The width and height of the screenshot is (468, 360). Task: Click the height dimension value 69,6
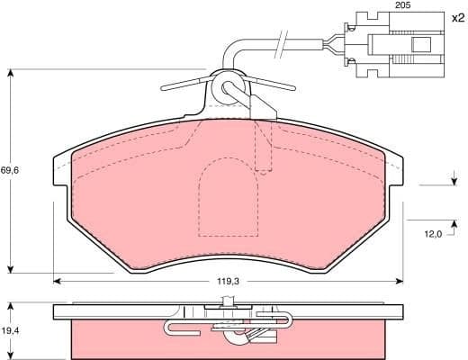click(x=10, y=169)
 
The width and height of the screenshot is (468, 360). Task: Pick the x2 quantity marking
click(x=456, y=17)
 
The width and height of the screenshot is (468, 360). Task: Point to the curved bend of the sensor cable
click(x=232, y=49)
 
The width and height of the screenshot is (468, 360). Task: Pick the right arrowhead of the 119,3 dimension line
click(x=402, y=282)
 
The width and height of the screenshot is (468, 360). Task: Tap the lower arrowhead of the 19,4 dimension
click(x=9, y=355)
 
